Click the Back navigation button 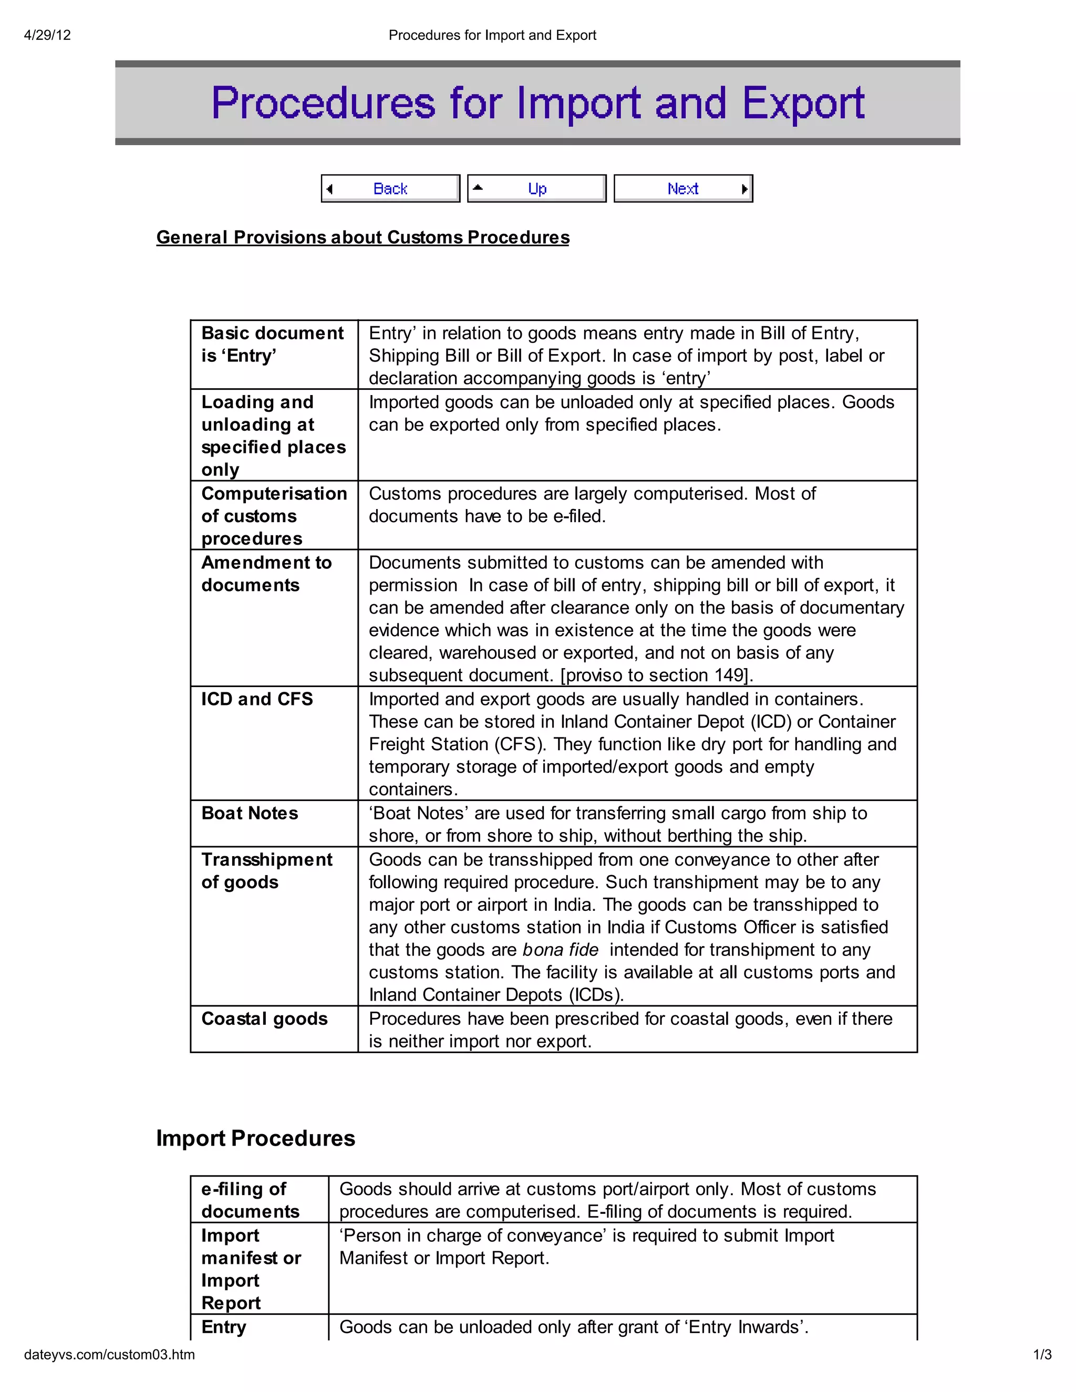pos(390,189)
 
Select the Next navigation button pos(682,189)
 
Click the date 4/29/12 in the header pos(47,35)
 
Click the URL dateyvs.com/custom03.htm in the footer pos(110,1354)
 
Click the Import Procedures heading pos(256,1138)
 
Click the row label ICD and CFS pos(257,699)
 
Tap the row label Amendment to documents pos(266,574)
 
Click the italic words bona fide pos(560,950)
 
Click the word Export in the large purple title pos(803,103)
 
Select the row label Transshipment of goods pos(266,870)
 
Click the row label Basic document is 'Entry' pos(272,344)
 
